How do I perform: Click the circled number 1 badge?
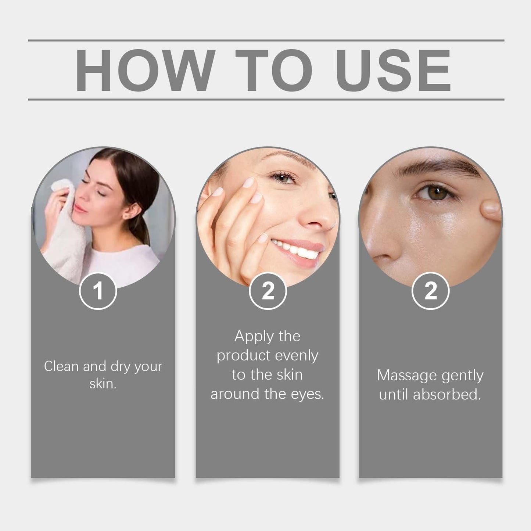pos(98,291)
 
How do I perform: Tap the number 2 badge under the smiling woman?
pos(268,291)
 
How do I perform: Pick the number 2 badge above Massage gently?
pos(430,291)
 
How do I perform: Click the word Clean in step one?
pos(61,366)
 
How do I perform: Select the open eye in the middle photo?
pos(283,178)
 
